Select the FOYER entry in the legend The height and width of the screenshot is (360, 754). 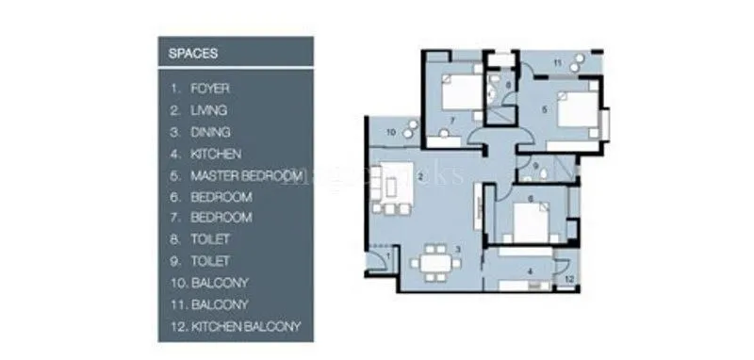209,89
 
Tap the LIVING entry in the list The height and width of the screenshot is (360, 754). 208,110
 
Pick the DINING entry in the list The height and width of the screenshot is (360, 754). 209,132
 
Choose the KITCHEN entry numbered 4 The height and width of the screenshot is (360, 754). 215,154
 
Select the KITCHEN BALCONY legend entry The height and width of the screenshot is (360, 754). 245,327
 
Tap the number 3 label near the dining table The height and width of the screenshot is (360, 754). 457,249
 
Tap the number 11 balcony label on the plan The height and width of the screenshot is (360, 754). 557,63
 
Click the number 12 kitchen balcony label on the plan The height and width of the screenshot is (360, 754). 569,280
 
